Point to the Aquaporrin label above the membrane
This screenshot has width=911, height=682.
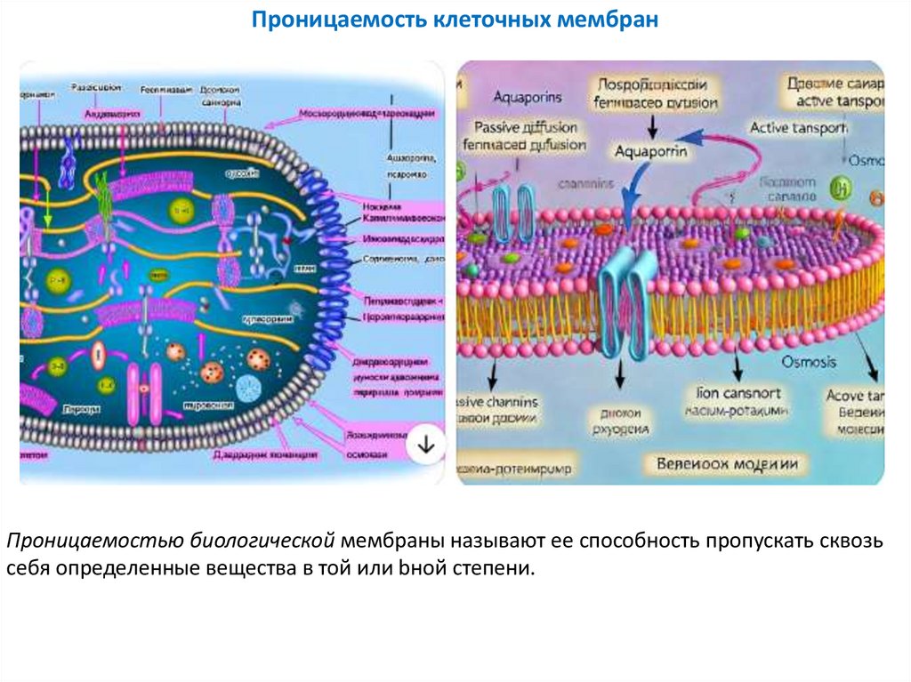[x=651, y=151]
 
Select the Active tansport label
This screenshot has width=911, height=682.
[x=798, y=127]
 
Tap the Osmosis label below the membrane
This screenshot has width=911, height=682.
[x=808, y=363]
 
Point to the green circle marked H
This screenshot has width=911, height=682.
[x=837, y=188]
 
